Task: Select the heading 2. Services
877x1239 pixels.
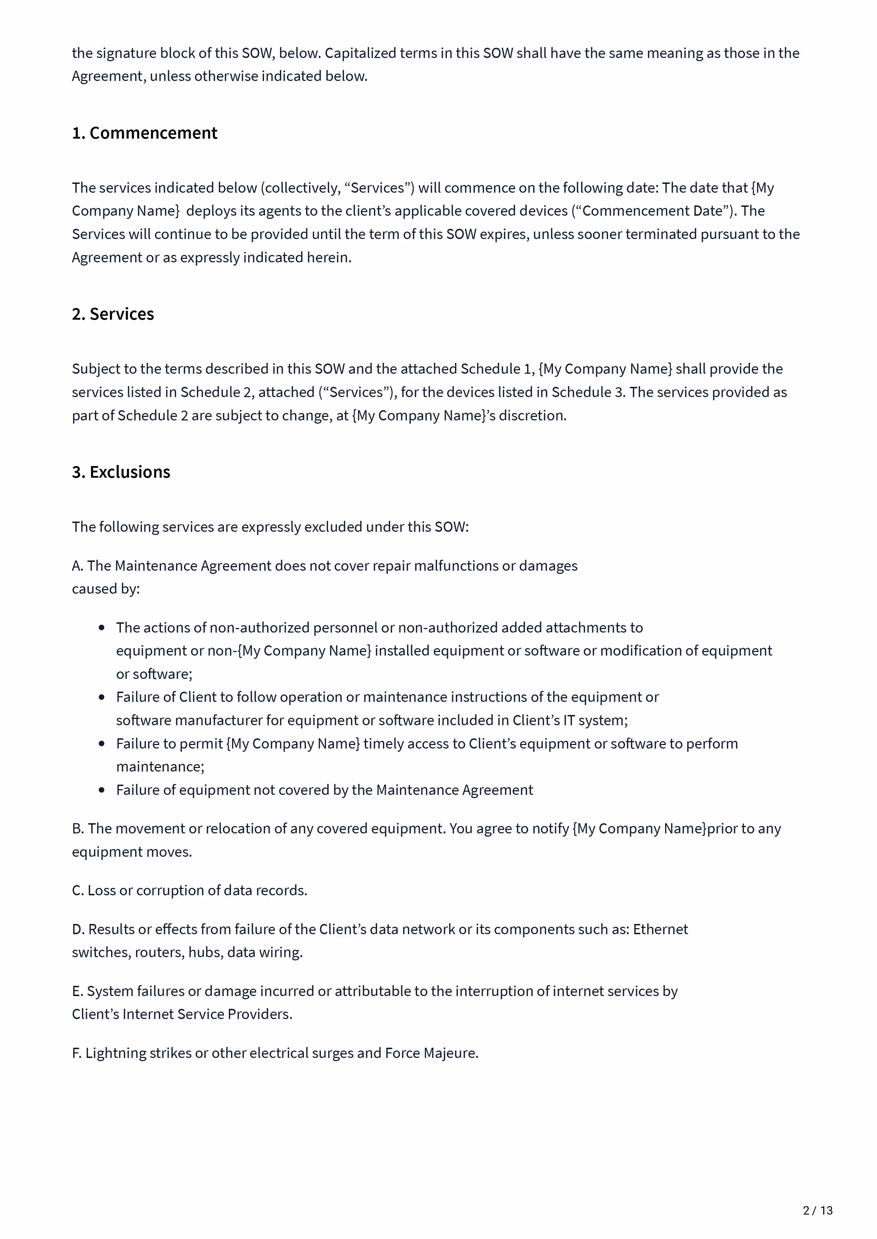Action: point(113,314)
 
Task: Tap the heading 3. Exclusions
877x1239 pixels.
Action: point(121,472)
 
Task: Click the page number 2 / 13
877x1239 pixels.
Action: point(818,1210)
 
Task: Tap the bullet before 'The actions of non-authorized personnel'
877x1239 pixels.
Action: point(102,628)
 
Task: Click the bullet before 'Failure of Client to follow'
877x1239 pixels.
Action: point(102,697)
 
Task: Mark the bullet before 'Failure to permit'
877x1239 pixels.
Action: point(102,744)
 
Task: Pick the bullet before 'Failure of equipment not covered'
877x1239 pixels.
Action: point(102,790)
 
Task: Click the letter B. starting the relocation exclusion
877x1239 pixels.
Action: point(78,828)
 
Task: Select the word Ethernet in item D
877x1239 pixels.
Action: point(660,929)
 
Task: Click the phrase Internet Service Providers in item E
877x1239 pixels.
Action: point(207,1014)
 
